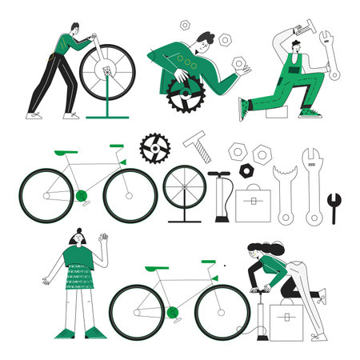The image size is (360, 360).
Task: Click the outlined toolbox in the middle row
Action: (x=254, y=203)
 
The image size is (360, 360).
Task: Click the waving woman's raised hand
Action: (x=103, y=239)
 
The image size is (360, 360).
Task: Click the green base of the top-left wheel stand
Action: (x=106, y=114)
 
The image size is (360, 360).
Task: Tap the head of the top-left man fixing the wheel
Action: (x=74, y=30)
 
